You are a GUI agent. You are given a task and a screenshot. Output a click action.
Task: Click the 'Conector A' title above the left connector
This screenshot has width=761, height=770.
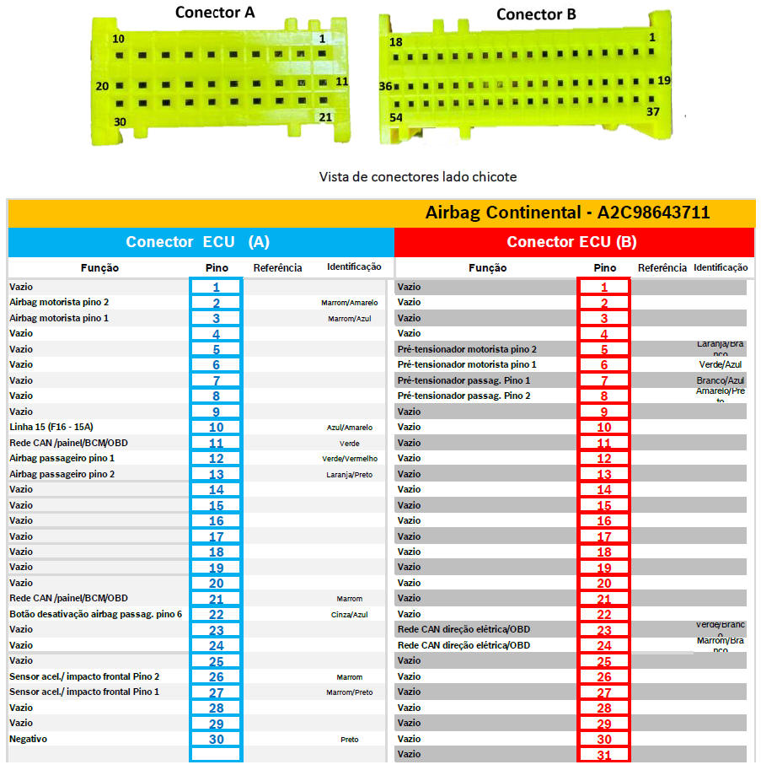coord(214,13)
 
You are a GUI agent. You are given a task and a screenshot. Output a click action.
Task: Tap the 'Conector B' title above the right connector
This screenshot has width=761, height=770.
coord(535,14)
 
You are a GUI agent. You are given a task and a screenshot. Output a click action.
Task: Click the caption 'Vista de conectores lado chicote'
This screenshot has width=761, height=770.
coord(417,177)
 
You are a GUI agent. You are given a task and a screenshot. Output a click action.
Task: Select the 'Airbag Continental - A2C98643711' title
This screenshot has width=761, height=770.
coord(567,213)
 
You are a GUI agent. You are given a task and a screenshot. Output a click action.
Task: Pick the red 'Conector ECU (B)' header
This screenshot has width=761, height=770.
coord(571,241)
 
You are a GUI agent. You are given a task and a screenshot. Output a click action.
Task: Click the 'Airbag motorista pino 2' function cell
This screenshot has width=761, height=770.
coord(59,302)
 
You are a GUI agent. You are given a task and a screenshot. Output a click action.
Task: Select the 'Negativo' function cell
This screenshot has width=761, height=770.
coord(29,739)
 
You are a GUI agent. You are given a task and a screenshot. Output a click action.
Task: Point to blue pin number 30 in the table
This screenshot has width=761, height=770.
coord(216,739)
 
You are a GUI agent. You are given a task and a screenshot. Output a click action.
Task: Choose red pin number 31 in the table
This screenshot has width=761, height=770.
coord(604,755)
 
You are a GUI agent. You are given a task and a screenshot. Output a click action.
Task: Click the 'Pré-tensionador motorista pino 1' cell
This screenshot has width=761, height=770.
coord(467,364)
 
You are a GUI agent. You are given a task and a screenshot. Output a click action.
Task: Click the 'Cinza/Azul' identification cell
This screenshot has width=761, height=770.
coord(350,615)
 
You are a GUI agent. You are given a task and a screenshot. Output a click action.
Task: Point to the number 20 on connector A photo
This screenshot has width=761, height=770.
coord(102,86)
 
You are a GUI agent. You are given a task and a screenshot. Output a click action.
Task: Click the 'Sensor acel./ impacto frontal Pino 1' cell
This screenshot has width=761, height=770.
coord(84,692)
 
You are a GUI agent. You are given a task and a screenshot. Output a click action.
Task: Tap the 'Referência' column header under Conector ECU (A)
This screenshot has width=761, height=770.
coord(277,268)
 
